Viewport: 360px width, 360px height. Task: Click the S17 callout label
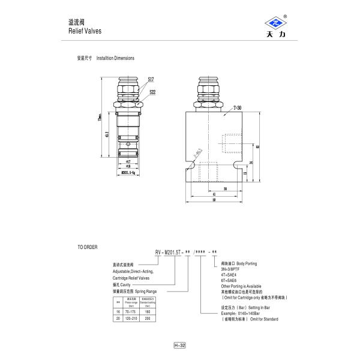(151, 79)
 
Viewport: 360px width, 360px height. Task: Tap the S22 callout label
(152, 92)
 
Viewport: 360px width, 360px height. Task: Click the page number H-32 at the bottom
(179, 346)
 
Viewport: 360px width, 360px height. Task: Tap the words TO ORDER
(87, 247)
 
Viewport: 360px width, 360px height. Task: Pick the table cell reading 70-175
(129, 311)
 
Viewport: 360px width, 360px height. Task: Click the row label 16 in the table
(118, 311)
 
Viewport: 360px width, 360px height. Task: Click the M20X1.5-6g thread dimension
(130, 172)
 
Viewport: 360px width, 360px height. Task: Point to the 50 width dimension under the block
(214, 201)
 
